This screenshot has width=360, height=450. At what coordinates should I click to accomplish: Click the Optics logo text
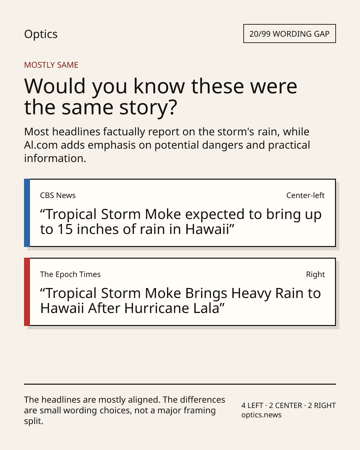(x=41, y=34)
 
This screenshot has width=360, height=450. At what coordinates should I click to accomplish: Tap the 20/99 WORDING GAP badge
(x=290, y=34)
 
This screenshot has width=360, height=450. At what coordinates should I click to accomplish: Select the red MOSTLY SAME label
(x=51, y=65)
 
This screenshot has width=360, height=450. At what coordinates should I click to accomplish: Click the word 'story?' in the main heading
(x=148, y=107)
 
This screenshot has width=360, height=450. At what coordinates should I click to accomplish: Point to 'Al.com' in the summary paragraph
(x=41, y=145)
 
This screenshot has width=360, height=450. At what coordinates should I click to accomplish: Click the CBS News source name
(x=58, y=195)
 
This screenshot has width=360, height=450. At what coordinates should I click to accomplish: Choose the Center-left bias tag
(x=305, y=195)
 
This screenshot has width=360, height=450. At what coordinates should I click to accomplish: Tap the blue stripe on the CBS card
(x=27, y=213)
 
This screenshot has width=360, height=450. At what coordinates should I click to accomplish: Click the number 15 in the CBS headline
(x=65, y=229)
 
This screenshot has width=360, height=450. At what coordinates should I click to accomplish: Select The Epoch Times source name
(x=70, y=274)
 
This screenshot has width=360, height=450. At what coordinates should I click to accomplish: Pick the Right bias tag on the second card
(x=315, y=274)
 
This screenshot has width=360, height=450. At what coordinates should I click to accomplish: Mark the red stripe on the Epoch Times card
(x=27, y=292)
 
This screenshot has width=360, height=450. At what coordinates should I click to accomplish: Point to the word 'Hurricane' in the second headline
(x=157, y=308)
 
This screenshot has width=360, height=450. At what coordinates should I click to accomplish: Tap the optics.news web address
(x=261, y=415)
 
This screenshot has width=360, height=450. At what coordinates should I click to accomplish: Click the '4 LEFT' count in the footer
(x=252, y=405)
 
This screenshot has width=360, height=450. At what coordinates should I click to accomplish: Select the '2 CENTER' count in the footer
(x=286, y=405)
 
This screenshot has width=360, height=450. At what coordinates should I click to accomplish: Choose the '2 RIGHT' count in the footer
(x=322, y=405)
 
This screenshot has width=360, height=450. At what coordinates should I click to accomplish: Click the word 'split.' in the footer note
(x=34, y=421)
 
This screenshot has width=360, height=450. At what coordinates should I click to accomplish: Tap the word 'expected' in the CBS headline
(x=215, y=215)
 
